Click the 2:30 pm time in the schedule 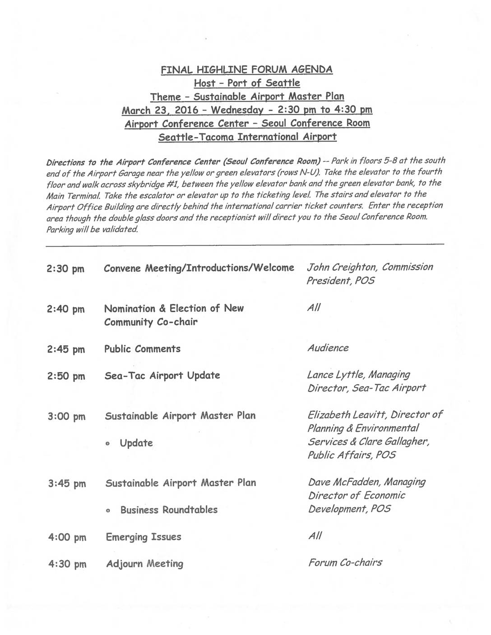click(65, 269)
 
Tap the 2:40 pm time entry click(65, 309)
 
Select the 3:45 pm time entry click(66, 484)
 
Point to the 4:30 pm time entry click(67, 564)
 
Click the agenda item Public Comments click(142, 349)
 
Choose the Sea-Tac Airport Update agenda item click(162, 376)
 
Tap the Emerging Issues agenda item click(144, 537)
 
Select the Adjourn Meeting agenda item click(144, 564)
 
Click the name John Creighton click(342, 267)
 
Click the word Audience click(328, 348)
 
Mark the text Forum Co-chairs click(345, 562)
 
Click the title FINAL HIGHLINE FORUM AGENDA click(247, 69)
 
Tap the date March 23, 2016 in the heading click(157, 110)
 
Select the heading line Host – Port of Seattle click(247, 83)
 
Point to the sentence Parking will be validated click(92, 229)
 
